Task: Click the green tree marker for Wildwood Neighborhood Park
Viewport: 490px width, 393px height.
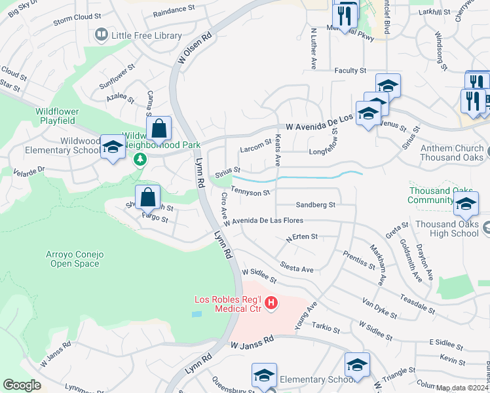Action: coord(139,159)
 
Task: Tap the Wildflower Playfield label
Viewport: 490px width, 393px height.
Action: coord(65,116)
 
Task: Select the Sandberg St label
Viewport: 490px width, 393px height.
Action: coord(315,204)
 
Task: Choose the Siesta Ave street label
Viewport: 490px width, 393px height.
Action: coord(297,269)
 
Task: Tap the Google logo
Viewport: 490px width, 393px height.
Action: coord(22,385)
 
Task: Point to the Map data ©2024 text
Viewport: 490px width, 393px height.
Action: coord(461,388)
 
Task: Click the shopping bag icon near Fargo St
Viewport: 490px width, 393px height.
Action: coord(148,196)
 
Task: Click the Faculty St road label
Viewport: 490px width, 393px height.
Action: coord(349,71)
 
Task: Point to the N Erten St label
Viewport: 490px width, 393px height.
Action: coord(302,236)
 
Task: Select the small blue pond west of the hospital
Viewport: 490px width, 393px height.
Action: coord(198,314)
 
